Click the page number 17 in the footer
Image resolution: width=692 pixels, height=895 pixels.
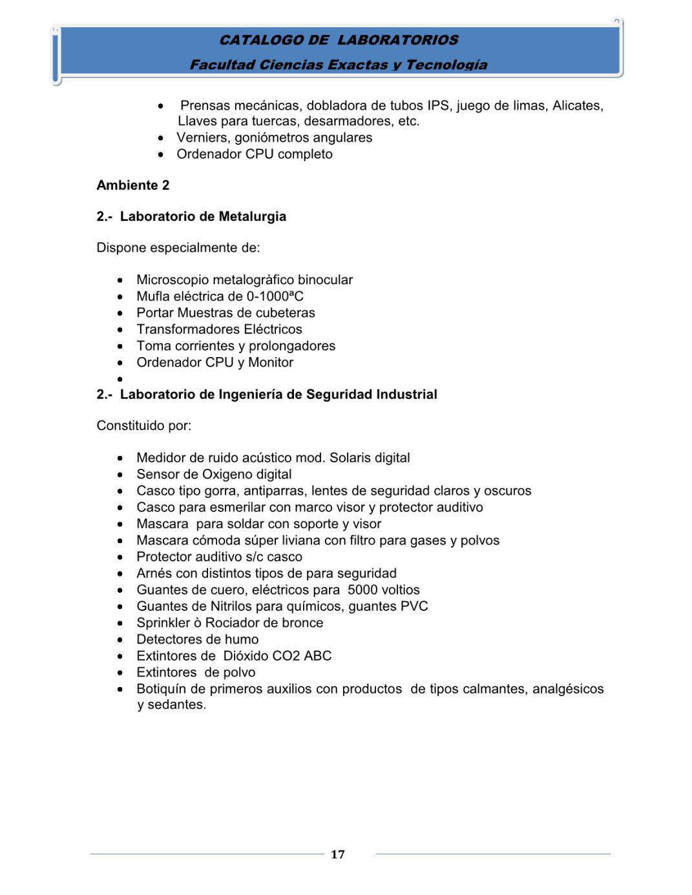tap(337, 854)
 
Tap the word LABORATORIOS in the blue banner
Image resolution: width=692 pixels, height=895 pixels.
tap(397, 40)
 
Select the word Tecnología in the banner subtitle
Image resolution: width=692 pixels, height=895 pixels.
tap(446, 65)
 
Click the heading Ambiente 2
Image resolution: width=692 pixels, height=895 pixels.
tap(132, 185)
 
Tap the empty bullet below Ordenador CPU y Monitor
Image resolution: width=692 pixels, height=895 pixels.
tap(120, 379)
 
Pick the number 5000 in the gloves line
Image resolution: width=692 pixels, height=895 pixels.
tap(362, 590)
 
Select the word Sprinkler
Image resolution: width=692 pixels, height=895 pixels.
tap(163, 623)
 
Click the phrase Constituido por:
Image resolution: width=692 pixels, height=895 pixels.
tap(143, 426)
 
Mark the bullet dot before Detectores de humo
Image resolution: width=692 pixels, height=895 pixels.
tap(120, 640)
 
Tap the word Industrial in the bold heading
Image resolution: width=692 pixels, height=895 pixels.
tap(404, 395)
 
